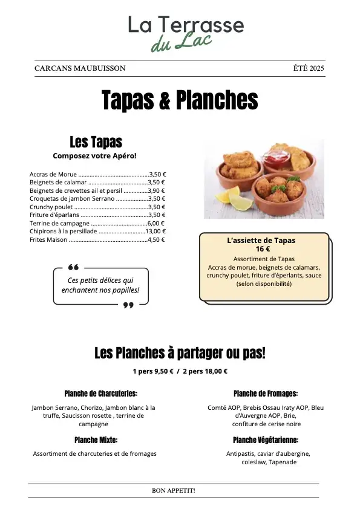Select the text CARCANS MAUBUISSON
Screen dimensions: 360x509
80,68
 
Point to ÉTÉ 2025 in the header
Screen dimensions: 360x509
309,68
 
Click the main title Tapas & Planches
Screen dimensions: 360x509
180,100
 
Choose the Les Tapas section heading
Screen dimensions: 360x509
96,142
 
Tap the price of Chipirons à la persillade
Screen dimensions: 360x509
155,231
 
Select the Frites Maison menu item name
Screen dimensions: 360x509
48,239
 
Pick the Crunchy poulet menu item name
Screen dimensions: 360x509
51,207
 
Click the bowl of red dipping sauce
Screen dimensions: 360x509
276,159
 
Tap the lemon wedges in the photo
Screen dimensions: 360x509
228,197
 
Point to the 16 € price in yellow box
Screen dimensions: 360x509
263,249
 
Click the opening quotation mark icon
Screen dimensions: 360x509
73,267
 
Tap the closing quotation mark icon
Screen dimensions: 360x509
128,305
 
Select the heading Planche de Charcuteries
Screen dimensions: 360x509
100,393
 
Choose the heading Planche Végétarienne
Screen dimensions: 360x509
265,440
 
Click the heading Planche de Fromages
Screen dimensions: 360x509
265,393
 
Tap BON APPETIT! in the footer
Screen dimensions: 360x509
173,491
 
